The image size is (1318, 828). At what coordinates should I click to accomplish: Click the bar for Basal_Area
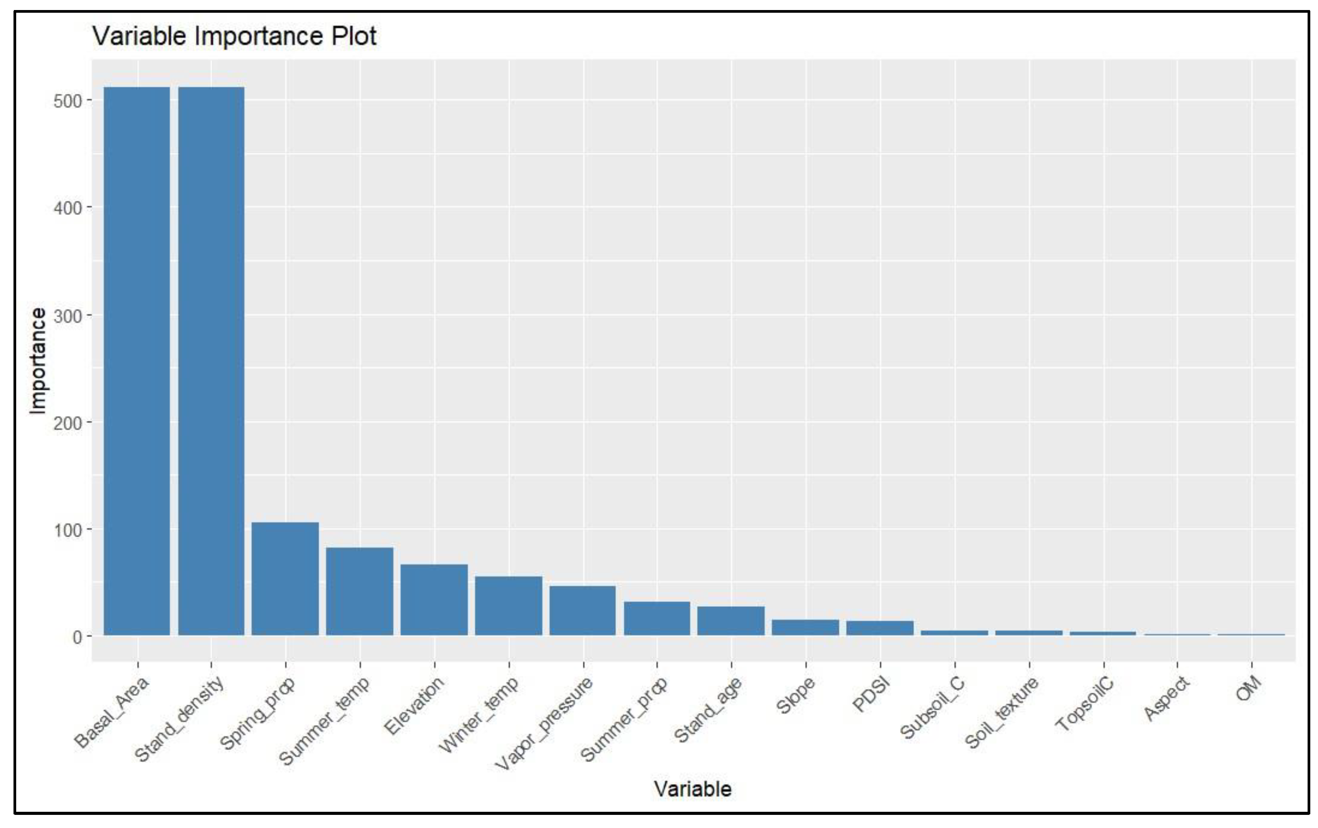pyautogui.click(x=137, y=362)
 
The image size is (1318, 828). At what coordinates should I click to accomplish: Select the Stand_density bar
pyautogui.click(x=211, y=362)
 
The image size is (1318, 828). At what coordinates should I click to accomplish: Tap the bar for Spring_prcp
pyautogui.click(x=285, y=580)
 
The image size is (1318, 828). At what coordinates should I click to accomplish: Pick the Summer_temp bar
pyautogui.click(x=359, y=591)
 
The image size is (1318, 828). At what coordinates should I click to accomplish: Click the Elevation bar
pyautogui.click(x=434, y=600)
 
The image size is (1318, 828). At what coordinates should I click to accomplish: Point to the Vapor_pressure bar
pyautogui.click(x=583, y=611)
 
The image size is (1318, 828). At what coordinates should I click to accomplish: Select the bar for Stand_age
pyautogui.click(x=731, y=621)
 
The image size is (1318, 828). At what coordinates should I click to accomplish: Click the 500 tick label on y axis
pyautogui.click(x=67, y=101)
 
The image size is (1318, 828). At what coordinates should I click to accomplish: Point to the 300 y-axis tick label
pyautogui.click(x=67, y=316)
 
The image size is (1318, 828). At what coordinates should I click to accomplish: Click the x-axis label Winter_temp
pyautogui.click(x=479, y=715)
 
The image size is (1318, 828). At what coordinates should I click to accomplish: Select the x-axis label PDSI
pyautogui.click(x=870, y=695)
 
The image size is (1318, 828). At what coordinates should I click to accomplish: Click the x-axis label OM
pyautogui.click(x=1249, y=688)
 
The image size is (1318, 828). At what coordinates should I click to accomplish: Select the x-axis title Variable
pyautogui.click(x=692, y=789)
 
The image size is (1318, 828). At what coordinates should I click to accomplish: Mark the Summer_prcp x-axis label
pyautogui.click(x=624, y=719)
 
